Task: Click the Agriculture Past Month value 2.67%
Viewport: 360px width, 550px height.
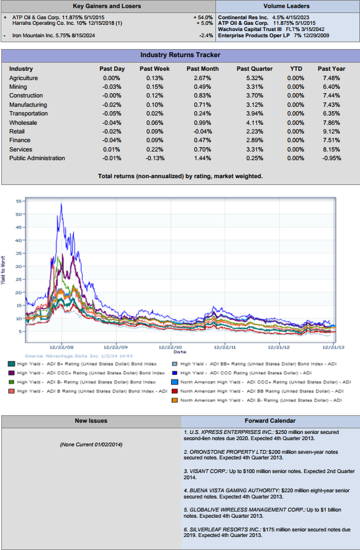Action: (x=202, y=78)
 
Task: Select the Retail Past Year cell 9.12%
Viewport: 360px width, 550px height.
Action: (x=331, y=132)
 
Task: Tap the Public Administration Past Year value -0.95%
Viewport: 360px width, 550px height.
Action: (x=331, y=158)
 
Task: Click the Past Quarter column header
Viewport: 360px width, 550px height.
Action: (x=254, y=69)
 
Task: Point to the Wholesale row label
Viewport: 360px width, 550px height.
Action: (x=23, y=123)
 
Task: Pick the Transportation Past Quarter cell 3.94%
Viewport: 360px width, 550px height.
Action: (x=254, y=114)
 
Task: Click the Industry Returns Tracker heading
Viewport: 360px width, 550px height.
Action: (x=181, y=55)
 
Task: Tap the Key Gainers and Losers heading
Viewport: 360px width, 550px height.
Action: (x=107, y=6)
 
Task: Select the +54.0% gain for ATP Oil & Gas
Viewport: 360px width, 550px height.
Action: (x=203, y=17)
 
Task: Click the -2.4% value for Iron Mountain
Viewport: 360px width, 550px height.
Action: (x=206, y=35)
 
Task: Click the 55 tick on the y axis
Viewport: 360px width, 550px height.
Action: (x=19, y=201)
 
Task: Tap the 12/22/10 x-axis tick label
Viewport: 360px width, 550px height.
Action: (x=171, y=347)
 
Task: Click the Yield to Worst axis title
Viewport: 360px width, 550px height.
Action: (x=3, y=270)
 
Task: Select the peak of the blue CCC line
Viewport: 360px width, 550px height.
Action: (x=61, y=204)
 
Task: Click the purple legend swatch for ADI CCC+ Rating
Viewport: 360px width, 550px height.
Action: (x=11, y=373)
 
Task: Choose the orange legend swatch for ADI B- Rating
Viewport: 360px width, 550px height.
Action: (x=174, y=400)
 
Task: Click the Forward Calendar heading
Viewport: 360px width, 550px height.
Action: (x=270, y=421)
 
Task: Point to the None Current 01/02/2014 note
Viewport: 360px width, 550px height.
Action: (x=91, y=444)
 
